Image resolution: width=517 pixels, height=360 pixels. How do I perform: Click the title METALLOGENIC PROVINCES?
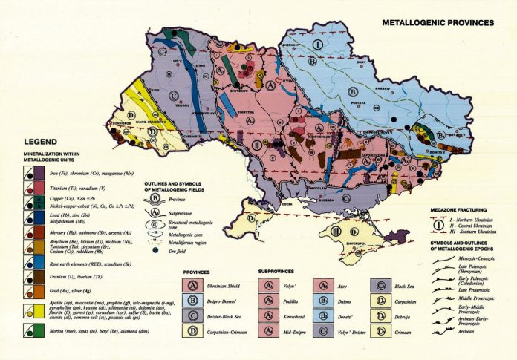tap(438, 22)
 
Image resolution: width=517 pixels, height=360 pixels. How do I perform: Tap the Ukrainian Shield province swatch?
tap(192, 286)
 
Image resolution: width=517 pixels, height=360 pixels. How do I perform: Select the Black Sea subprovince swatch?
tap(382, 286)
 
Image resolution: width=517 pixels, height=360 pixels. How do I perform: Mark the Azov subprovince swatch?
tap(323, 286)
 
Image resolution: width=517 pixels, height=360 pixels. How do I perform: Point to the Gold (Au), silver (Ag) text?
tap(71, 290)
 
